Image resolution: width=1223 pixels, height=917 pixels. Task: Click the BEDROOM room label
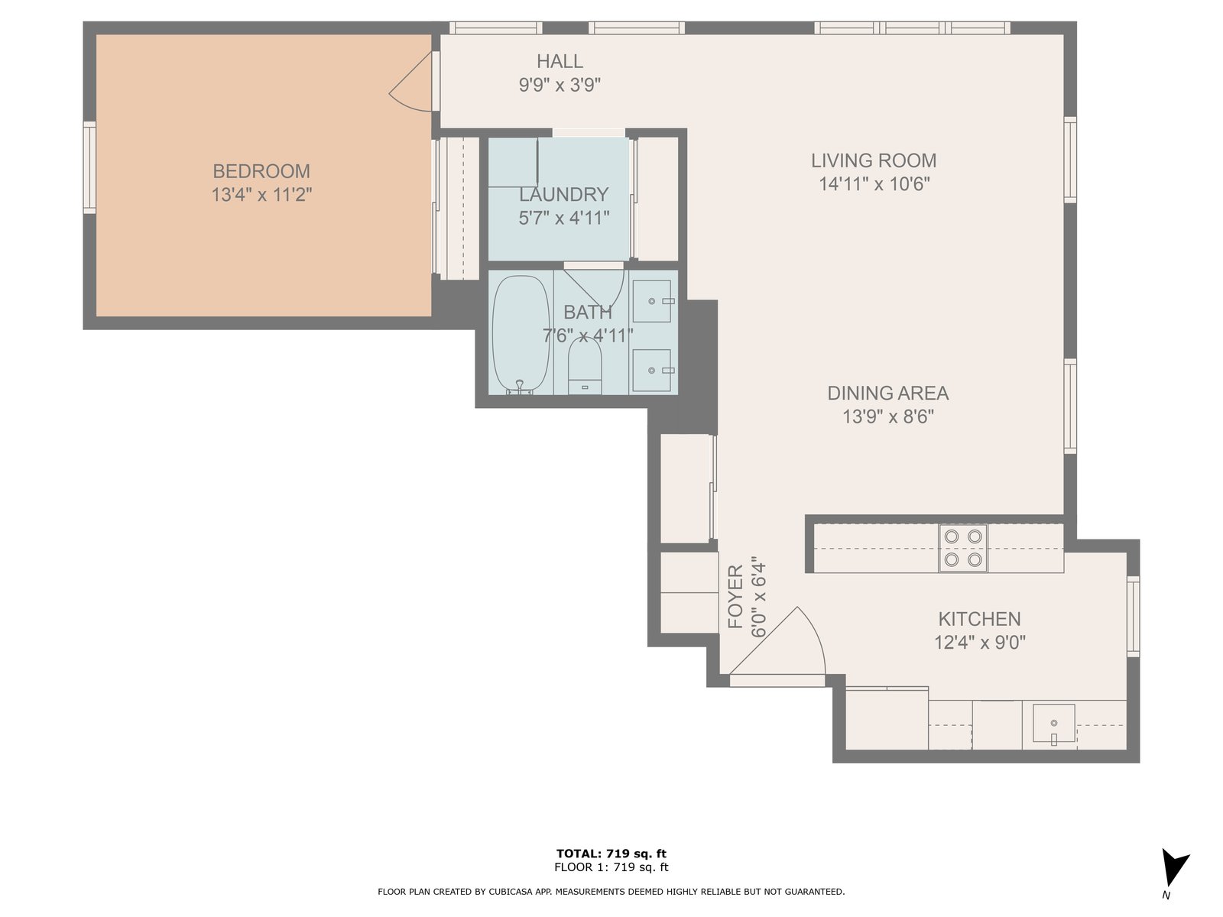click(261, 171)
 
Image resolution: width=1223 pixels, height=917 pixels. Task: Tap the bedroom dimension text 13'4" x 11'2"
click(261, 195)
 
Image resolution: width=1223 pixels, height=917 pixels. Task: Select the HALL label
click(560, 61)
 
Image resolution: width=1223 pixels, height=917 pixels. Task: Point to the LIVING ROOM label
click(874, 160)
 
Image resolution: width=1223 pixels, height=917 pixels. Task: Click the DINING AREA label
click(887, 393)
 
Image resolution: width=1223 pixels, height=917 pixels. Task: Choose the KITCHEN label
click(979, 618)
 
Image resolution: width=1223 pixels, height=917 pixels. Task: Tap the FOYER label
click(736, 596)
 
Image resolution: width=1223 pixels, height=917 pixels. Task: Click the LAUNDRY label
click(564, 194)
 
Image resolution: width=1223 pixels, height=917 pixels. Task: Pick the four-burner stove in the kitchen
click(963, 548)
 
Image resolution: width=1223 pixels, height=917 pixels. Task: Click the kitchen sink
click(1053, 723)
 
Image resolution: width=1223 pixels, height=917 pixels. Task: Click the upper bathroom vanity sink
click(652, 301)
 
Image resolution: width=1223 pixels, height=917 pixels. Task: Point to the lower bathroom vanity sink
click(652, 371)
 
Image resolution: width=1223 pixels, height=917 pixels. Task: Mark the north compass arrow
click(1174, 867)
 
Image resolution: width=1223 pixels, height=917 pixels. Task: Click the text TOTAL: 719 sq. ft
click(611, 854)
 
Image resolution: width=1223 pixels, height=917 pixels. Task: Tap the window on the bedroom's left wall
click(89, 167)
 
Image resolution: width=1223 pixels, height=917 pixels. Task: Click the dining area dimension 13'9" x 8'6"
click(887, 416)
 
